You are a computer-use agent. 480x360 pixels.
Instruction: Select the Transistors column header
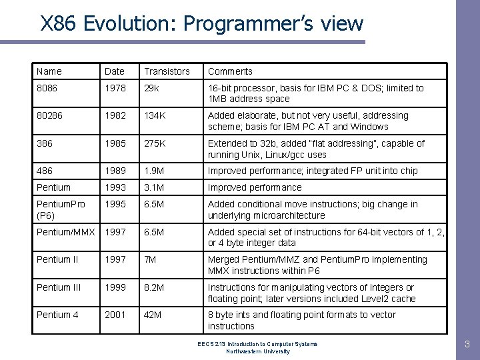pyautogui.click(x=167, y=71)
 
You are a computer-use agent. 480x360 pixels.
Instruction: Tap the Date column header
pyautogui.click(x=115, y=71)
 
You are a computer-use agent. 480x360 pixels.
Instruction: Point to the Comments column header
pyautogui.click(x=230, y=71)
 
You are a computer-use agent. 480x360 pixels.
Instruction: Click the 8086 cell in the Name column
pyautogui.click(x=48, y=88)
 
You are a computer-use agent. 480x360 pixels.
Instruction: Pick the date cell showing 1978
pyautogui.click(x=115, y=88)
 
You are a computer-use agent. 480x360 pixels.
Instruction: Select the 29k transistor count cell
pyautogui.click(x=153, y=88)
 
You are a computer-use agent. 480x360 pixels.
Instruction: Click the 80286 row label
pyautogui.click(x=51, y=115)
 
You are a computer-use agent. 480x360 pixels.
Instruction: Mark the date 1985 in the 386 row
pyautogui.click(x=115, y=143)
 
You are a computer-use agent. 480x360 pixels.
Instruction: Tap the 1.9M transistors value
pyautogui.click(x=156, y=171)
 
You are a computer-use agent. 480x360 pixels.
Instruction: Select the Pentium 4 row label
pyautogui.click(x=57, y=315)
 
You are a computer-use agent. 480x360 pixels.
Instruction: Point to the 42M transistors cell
pyautogui.click(x=154, y=315)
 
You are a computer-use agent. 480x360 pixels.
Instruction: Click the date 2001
pyautogui.click(x=115, y=315)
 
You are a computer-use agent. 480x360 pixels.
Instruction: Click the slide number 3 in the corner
pyautogui.click(x=467, y=345)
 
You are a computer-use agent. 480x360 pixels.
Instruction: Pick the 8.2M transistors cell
pyautogui.click(x=156, y=287)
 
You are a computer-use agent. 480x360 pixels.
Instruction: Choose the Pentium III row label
pyautogui.click(x=58, y=287)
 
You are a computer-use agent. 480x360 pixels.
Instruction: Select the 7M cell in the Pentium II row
pyautogui.click(x=151, y=259)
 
